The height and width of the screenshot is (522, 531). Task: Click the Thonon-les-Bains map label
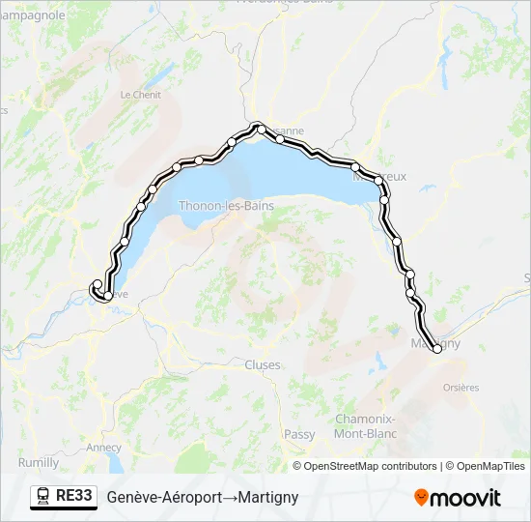click(x=226, y=206)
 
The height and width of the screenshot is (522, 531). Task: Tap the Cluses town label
click(x=263, y=365)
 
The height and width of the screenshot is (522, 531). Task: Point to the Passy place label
click(x=299, y=435)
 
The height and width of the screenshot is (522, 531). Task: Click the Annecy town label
click(x=103, y=448)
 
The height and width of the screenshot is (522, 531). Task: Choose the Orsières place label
click(x=461, y=388)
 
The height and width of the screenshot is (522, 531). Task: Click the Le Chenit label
click(x=140, y=95)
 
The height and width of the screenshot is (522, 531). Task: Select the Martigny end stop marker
click(x=437, y=349)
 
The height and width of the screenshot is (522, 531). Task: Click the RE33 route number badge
click(x=74, y=497)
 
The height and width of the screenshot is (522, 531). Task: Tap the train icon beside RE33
click(x=43, y=497)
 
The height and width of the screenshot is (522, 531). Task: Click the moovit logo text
click(x=465, y=498)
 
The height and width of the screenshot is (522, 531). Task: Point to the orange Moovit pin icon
click(x=421, y=498)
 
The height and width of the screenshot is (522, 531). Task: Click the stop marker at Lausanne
click(x=260, y=128)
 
